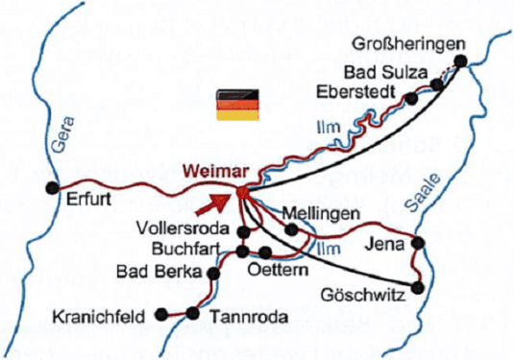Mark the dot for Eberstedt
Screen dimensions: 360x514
(411, 97)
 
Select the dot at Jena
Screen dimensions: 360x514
(418, 242)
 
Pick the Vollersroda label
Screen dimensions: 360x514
(185, 228)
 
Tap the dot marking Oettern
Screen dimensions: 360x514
(266, 252)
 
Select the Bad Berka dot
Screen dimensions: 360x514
(213, 275)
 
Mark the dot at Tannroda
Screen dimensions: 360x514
(191, 314)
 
